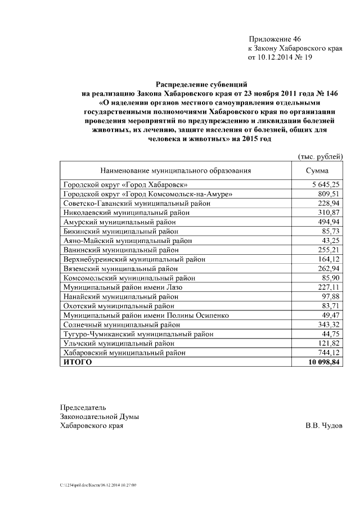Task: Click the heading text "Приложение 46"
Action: click(x=275, y=39)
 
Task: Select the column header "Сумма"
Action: click(x=317, y=171)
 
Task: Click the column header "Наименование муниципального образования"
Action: click(x=175, y=171)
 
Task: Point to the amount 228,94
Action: click(x=330, y=203)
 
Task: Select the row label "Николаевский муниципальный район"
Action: click(x=127, y=213)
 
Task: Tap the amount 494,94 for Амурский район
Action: click(x=330, y=222)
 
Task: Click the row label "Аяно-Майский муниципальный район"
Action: click(x=127, y=241)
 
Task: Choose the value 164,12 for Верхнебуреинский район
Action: click(x=330, y=259)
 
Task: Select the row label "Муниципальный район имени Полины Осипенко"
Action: click(x=146, y=316)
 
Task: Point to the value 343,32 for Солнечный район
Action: click(x=330, y=325)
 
